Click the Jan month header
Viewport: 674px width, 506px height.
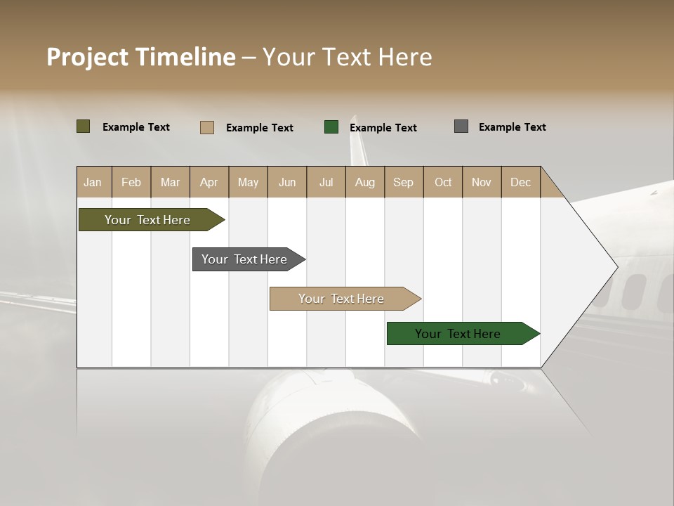[93, 182]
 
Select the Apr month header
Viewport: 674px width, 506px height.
[209, 182]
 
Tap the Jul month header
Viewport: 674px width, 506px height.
[326, 182]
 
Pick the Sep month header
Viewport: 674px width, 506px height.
[403, 182]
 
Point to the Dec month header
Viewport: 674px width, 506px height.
[520, 182]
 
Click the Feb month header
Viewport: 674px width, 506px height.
[131, 182]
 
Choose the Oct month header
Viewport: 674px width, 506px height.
[443, 182]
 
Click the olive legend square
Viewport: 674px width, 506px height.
[84, 126]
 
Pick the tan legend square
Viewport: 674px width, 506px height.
[207, 127]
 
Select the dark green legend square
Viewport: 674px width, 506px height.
[331, 126]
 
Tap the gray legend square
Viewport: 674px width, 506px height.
[461, 126]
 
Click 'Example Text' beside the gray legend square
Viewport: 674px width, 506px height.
[512, 127]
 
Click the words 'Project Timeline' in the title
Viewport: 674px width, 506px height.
[141, 57]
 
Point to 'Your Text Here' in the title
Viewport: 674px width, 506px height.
[348, 57]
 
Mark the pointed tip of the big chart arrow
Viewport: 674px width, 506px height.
[616, 266]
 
